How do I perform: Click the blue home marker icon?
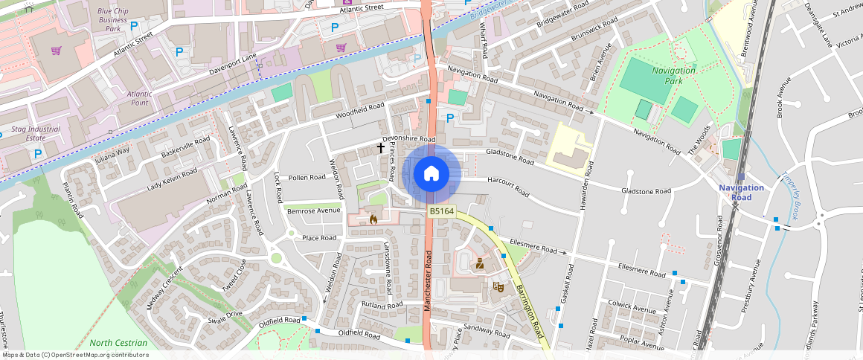pyautogui.click(x=431, y=174)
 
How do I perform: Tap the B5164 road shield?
pyautogui.click(x=441, y=212)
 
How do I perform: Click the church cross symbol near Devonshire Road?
pyautogui.click(x=381, y=148)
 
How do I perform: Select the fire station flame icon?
pyautogui.click(x=373, y=219)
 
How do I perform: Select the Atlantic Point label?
pyautogui.click(x=139, y=98)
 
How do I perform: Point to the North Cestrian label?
pyautogui.click(x=118, y=343)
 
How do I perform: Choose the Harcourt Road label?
pyautogui.click(x=508, y=186)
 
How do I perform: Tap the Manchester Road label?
pyautogui.click(x=429, y=281)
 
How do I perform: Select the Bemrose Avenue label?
pyautogui.click(x=312, y=210)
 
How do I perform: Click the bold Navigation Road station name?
pyautogui.click(x=741, y=192)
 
